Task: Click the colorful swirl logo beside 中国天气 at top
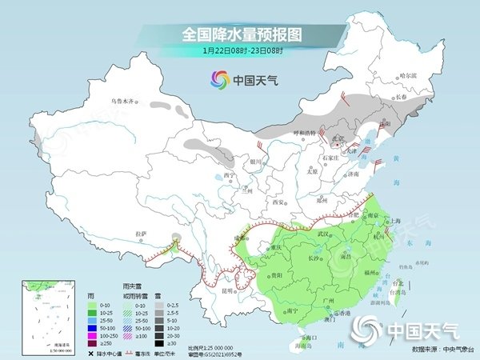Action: coord(218,79)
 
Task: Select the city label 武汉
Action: coord(323,234)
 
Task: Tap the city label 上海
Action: coord(394,221)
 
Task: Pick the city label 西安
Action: coord(278,202)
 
